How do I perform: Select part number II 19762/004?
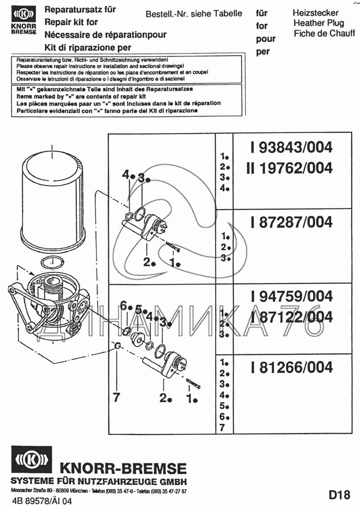tap(290, 168)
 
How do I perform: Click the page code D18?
tap(339, 495)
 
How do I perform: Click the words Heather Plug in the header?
tap(319, 23)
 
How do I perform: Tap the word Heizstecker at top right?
tap(315, 13)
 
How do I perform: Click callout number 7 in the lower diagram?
tap(116, 397)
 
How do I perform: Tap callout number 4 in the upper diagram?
tap(125, 175)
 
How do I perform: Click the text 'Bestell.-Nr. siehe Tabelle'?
tap(194, 14)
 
